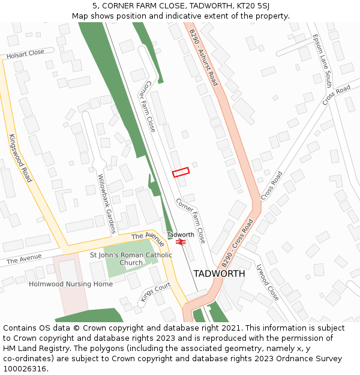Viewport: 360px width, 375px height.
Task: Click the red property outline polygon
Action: coord(181,172)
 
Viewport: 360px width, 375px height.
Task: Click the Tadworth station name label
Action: coord(181,234)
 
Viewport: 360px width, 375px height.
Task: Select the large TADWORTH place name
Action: coord(219,274)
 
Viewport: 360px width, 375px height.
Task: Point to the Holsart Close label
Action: coord(25,53)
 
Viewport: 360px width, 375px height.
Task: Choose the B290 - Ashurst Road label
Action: coord(203,58)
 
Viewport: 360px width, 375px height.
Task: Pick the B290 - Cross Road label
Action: coord(237,243)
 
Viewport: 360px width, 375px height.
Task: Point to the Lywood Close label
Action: coord(268,282)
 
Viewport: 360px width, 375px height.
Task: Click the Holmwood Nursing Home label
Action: coord(71,284)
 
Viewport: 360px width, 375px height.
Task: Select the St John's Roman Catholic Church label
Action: coord(131,259)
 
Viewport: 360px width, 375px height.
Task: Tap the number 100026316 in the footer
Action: coord(25,369)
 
